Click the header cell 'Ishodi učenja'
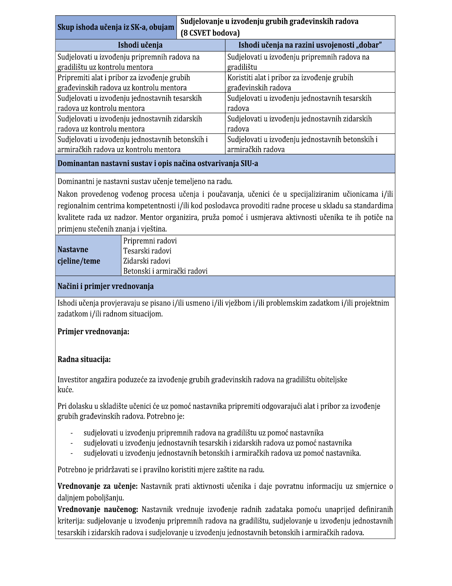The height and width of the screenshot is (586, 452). [x=140, y=45]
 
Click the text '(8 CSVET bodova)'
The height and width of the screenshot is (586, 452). [x=210, y=33]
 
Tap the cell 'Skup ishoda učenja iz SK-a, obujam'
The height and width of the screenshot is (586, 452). [x=116, y=27]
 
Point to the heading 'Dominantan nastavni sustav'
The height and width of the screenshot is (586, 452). [x=158, y=163]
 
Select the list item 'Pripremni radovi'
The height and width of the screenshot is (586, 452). [x=150, y=241]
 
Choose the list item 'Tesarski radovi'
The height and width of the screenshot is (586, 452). [x=147, y=251]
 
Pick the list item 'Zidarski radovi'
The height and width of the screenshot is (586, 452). [x=147, y=261]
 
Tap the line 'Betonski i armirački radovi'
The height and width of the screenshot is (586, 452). [x=165, y=271]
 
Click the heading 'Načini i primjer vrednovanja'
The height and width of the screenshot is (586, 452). [x=105, y=286]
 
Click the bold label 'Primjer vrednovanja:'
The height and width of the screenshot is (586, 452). [x=93, y=332]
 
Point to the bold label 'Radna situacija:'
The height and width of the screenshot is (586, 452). [x=84, y=359]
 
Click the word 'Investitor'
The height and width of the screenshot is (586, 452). [x=72, y=380]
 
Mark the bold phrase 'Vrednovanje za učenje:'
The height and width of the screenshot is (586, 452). [x=98, y=486]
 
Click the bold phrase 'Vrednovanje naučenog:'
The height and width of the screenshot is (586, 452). [x=98, y=509]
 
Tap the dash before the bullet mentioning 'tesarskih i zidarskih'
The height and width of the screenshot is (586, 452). [x=71, y=443]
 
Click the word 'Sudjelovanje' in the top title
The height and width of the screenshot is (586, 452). [x=202, y=22]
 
